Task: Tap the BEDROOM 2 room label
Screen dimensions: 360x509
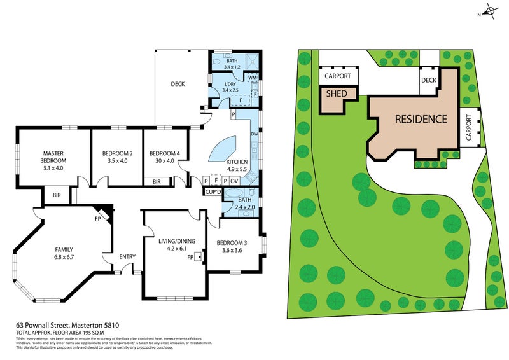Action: (x=117, y=153)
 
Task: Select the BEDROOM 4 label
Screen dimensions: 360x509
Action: (x=164, y=153)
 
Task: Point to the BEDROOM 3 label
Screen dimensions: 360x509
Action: (x=232, y=243)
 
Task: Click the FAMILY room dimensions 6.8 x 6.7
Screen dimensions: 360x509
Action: (x=64, y=258)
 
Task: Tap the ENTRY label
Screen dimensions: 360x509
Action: (x=127, y=257)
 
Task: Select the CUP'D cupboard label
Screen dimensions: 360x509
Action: (x=212, y=191)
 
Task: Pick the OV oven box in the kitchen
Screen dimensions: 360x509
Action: (x=234, y=181)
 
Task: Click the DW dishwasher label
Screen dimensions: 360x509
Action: (x=254, y=134)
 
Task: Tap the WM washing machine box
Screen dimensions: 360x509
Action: (x=251, y=78)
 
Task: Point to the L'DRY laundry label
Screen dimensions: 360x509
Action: (x=231, y=85)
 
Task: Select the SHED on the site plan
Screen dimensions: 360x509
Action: (x=336, y=93)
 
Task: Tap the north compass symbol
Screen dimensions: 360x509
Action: (x=491, y=10)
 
